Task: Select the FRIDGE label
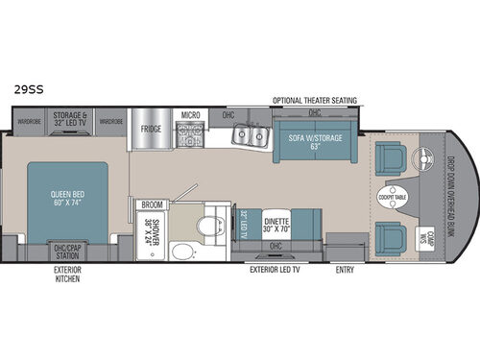tap(150, 128)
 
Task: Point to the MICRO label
tap(190, 114)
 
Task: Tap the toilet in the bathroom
tap(204, 227)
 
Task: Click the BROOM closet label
tap(151, 204)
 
